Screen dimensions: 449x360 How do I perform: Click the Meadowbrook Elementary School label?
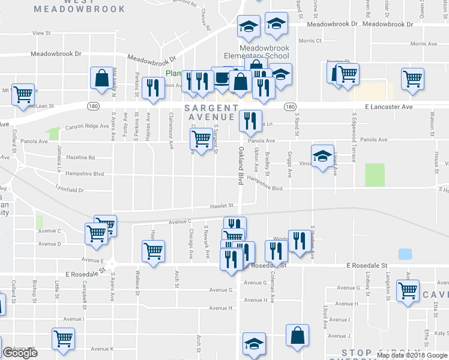(264, 52)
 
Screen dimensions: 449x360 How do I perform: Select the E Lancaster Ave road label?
(388, 106)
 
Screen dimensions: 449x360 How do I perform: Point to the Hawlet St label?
(221, 206)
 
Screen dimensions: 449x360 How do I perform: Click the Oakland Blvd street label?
(241, 161)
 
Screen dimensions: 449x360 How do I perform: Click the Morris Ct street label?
(310, 41)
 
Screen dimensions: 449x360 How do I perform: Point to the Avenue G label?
(220, 290)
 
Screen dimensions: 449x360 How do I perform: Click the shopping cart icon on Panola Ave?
(200, 139)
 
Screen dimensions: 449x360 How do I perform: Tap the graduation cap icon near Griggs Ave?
(322, 154)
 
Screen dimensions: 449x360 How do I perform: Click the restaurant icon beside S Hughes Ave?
(299, 239)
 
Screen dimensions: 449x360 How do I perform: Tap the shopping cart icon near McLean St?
(22, 93)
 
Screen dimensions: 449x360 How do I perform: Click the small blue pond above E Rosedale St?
(405, 254)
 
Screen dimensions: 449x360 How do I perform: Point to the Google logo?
(20, 353)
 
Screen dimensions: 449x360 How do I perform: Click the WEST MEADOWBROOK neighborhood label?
(80, 7)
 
